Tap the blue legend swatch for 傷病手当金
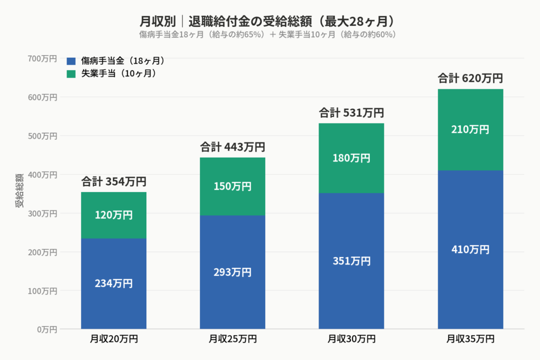[x=71, y=61]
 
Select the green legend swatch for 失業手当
[x=71, y=73]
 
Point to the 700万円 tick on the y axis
[x=43, y=58]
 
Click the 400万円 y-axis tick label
[x=43, y=174]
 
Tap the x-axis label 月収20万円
[x=113, y=339]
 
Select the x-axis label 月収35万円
[x=470, y=339]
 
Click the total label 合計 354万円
[x=113, y=181]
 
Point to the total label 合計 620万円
[x=470, y=78]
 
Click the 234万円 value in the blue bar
[x=113, y=283]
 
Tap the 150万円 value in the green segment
[x=232, y=186]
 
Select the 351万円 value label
[x=352, y=261]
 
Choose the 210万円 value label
[x=470, y=130]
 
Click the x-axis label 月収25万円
[x=232, y=339]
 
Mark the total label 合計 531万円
[x=352, y=113]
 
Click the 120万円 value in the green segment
[x=113, y=215]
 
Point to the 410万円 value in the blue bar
[x=470, y=249]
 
